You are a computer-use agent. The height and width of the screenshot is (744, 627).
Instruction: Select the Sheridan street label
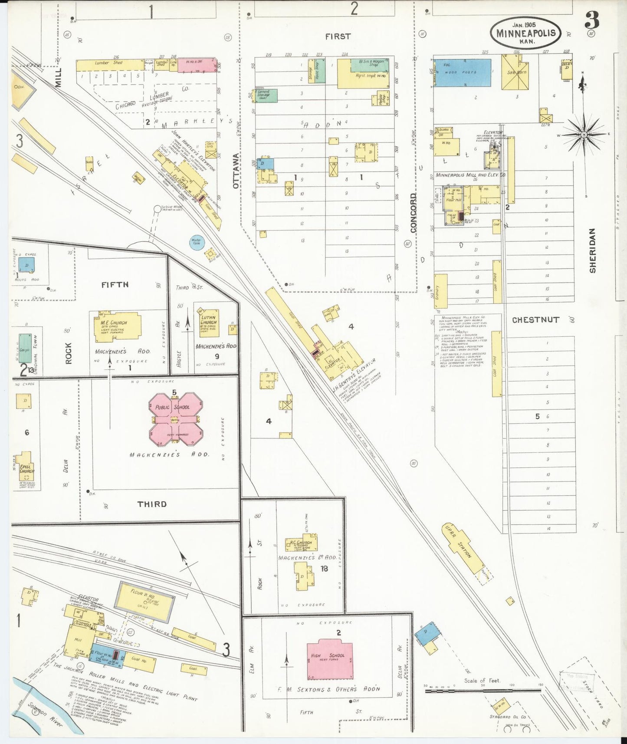592,251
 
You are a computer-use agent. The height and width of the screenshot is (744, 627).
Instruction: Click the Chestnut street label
535,320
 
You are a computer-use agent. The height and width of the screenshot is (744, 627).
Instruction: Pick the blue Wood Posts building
463,72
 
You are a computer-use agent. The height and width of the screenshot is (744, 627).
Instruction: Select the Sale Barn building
516,72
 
